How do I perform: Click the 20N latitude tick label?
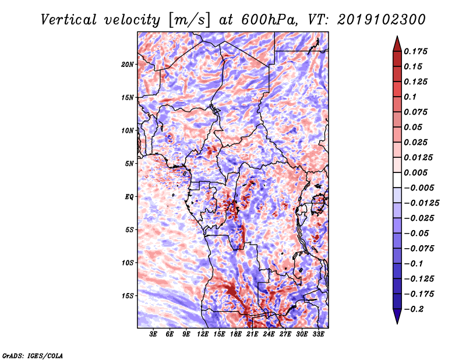click(x=128, y=64)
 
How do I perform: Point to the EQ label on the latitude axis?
click(x=129, y=196)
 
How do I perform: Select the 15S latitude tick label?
click(x=128, y=295)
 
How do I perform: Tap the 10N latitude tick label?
click(x=128, y=130)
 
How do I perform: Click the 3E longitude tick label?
click(x=154, y=334)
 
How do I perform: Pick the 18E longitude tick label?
click(x=236, y=334)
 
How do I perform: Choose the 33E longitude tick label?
click(x=318, y=334)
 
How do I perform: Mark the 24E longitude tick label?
click(x=269, y=334)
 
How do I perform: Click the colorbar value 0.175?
click(x=417, y=51)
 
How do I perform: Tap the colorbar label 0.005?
click(x=417, y=172)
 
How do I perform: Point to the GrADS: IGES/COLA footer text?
click(x=33, y=355)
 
